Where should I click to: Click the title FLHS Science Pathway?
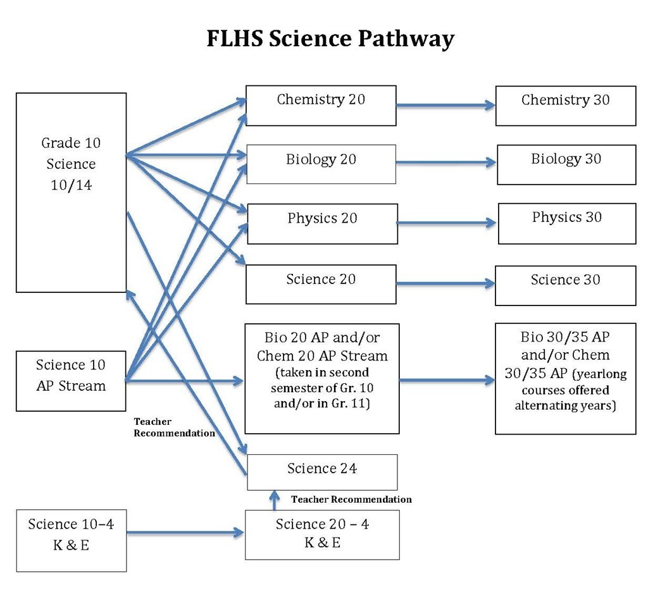click(330, 39)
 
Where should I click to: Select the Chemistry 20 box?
click(321, 106)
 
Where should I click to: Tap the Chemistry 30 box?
click(565, 106)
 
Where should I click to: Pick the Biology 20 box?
click(321, 164)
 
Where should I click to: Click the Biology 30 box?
click(566, 164)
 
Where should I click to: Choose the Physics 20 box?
click(322, 223)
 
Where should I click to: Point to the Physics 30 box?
click(566, 223)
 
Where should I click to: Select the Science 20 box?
click(321, 285)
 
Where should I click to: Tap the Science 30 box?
click(565, 285)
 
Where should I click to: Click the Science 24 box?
click(321, 472)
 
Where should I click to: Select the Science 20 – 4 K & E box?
click(322, 534)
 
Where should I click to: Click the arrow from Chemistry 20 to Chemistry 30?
click(445, 106)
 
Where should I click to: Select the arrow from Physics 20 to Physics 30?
click(447, 223)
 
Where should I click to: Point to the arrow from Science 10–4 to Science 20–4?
click(185, 533)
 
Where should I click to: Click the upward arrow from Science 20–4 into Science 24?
click(275, 500)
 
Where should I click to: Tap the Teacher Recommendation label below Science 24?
click(351, 500)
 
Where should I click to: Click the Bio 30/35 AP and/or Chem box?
click(565, 378)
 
